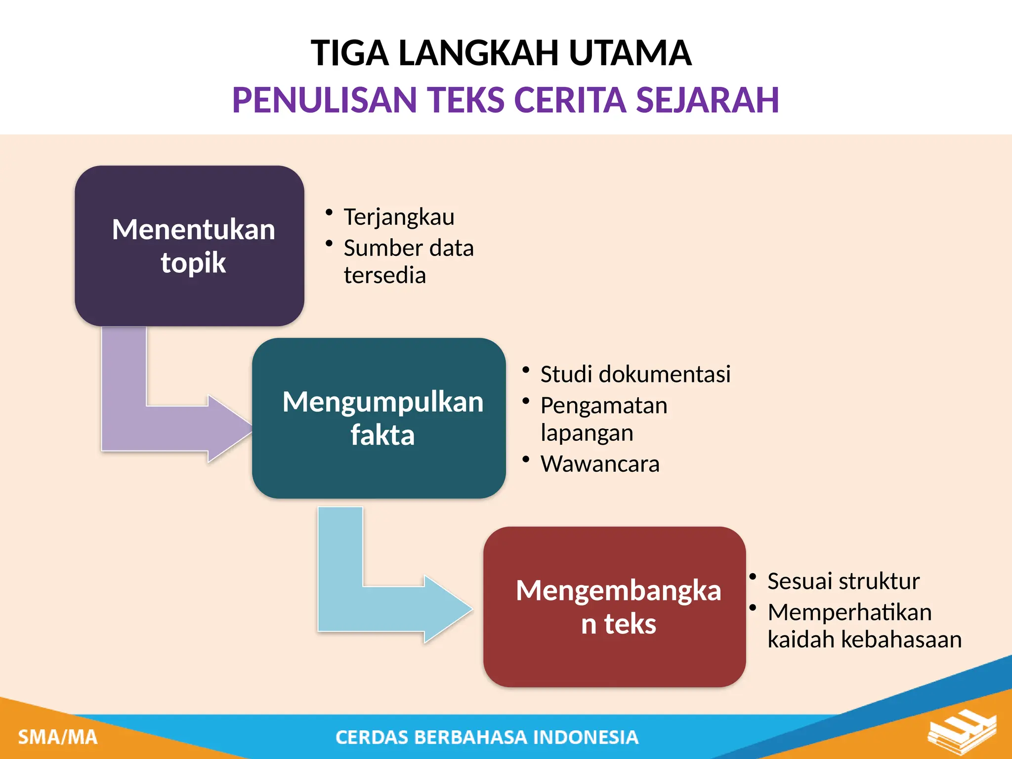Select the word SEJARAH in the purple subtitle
[707, 100]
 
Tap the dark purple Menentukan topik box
[189, 246]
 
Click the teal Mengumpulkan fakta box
[379, 418]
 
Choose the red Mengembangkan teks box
[614, 607]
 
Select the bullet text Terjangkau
[399, 217]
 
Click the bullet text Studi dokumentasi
[635, 374]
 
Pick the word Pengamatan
[604, 406]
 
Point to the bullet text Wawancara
[600, 464]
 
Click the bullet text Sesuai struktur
[843, 581]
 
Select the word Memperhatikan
[849, 612]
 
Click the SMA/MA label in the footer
[58, 737]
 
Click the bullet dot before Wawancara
[526, 460]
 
